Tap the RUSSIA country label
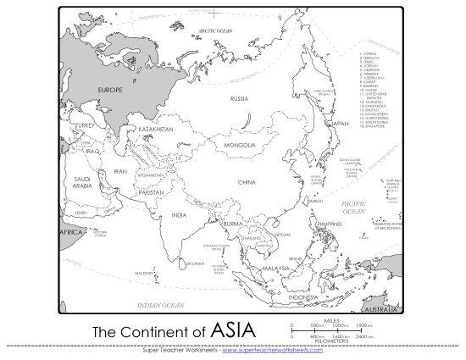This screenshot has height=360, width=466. (x=239, y=99)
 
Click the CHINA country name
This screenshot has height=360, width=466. (x=247, y=181)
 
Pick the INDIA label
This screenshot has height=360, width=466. (x=179, y=215)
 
